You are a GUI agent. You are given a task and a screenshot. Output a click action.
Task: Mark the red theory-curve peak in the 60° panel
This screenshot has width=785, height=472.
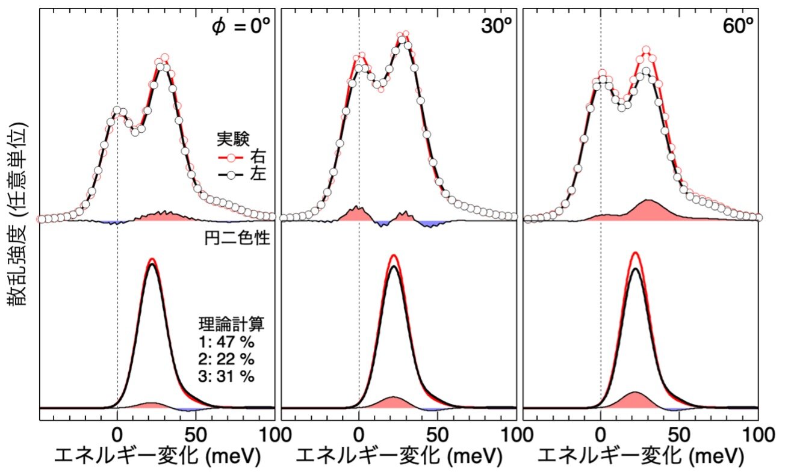click(x=636, y=253)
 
